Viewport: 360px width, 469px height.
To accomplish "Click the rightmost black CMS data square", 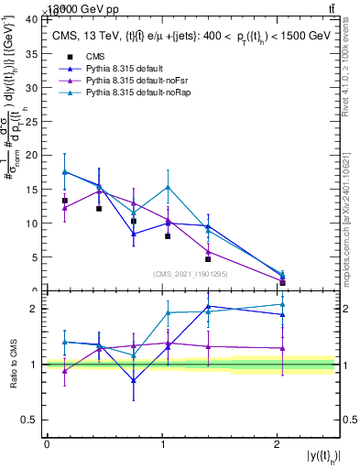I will click(x=282, y=282).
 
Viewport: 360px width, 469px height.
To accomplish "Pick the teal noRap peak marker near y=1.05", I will click(x=168, y=187).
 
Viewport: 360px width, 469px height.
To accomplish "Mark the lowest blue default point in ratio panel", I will click(x=134, y=380).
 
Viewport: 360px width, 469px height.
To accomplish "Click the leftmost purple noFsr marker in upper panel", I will click(x=64, y=208).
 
